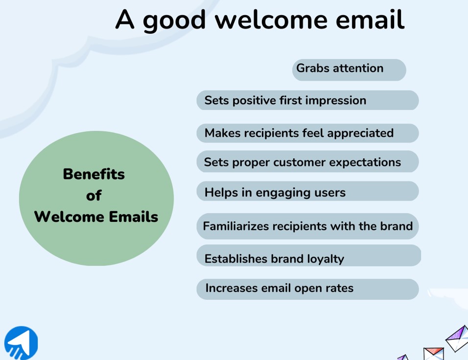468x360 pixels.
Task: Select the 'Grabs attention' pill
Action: (x=349, y=69)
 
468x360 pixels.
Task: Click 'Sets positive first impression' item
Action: (x=307, y=100)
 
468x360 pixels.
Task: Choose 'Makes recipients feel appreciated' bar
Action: (x=307, y=133)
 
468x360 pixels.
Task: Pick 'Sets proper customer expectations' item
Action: (x=307, y=162)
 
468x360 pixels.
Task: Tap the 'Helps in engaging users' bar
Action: (x=307, y=192)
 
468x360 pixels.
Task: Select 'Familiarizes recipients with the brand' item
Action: (x=307, y=226)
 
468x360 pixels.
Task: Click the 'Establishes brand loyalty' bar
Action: (x=308, y=258)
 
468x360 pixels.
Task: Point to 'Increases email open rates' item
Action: (x=307, y=288)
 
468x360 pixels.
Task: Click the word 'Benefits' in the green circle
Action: (x=94, y=174)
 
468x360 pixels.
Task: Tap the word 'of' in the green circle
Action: (x=94, y=196)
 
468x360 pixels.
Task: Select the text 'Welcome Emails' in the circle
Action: (x=96, y=217)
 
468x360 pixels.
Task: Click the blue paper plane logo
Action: (x=21, y=343)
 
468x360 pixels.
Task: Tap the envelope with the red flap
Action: (x=433, y=354)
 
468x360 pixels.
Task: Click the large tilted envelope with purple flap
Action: (x=457, y=338)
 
